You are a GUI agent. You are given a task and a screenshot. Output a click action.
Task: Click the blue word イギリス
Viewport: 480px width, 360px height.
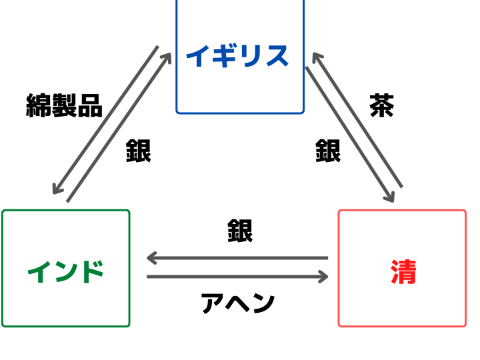237,56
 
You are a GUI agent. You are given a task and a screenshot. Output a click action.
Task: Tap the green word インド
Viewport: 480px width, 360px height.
66,272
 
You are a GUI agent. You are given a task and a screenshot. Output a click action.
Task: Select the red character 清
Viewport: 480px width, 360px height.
403,272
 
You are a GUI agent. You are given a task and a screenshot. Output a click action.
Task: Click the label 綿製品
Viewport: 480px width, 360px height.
64,105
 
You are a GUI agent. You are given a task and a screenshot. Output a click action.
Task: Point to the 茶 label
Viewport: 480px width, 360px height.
382,105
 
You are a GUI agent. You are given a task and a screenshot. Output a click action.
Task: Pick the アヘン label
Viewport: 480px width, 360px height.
238,303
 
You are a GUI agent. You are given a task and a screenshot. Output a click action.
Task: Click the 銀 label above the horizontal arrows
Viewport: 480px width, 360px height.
240,231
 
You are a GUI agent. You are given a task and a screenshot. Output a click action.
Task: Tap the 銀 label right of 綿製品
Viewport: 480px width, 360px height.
139,151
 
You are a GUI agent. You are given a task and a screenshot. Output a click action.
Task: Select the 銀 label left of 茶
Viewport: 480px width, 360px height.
328,151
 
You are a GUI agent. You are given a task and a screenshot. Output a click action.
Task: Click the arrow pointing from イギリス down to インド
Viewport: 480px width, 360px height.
105,120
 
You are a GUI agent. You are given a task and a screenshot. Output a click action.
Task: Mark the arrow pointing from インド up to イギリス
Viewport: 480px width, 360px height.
119,127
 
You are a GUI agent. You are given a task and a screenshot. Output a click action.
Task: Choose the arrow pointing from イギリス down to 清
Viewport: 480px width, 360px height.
349,135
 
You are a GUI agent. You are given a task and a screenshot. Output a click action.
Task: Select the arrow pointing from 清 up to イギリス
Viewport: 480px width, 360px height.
357,120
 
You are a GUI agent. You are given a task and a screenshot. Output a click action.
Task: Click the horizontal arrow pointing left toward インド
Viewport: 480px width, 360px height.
237,258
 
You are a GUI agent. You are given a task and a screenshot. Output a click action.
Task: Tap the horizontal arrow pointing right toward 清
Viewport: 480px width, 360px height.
237,277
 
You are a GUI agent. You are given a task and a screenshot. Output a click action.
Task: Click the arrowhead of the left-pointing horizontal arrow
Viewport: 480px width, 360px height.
151,258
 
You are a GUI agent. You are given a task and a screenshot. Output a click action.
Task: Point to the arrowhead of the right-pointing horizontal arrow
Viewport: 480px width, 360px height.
323,277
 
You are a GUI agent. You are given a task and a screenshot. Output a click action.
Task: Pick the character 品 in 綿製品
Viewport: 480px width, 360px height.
90,106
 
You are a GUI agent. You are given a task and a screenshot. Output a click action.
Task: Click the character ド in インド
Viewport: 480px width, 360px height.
92,272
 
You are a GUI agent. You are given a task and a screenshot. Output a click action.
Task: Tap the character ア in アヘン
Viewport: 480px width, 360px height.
213,303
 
